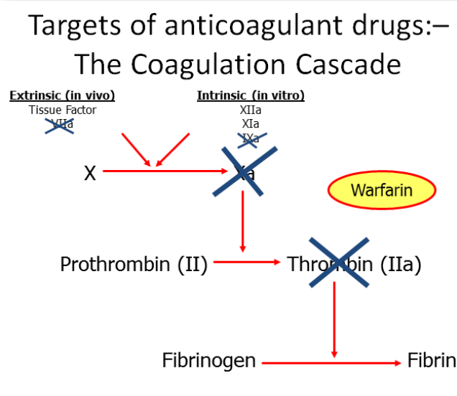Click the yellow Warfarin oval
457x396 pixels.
pyautogui.click(x=382, y=191)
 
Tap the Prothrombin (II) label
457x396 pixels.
pyautogui.click(x=134, y=264)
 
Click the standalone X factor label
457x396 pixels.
pyautogui.click(x=90, y=173)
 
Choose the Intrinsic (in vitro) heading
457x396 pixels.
pyautogui.click(x=251, y=95)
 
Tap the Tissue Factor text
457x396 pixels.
pyautogui.click(x=63, y=110)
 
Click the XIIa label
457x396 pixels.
pyautogui.click(x=251, y=110)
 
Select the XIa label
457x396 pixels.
pyautogui.click(x=251, y=123)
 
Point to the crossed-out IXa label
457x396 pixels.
pyautogui.click(x=251, y=138)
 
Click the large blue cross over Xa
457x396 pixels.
pyautogui.click(x=245, y=171)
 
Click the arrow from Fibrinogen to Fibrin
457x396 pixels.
pyautogui.click(x=331, y=363)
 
